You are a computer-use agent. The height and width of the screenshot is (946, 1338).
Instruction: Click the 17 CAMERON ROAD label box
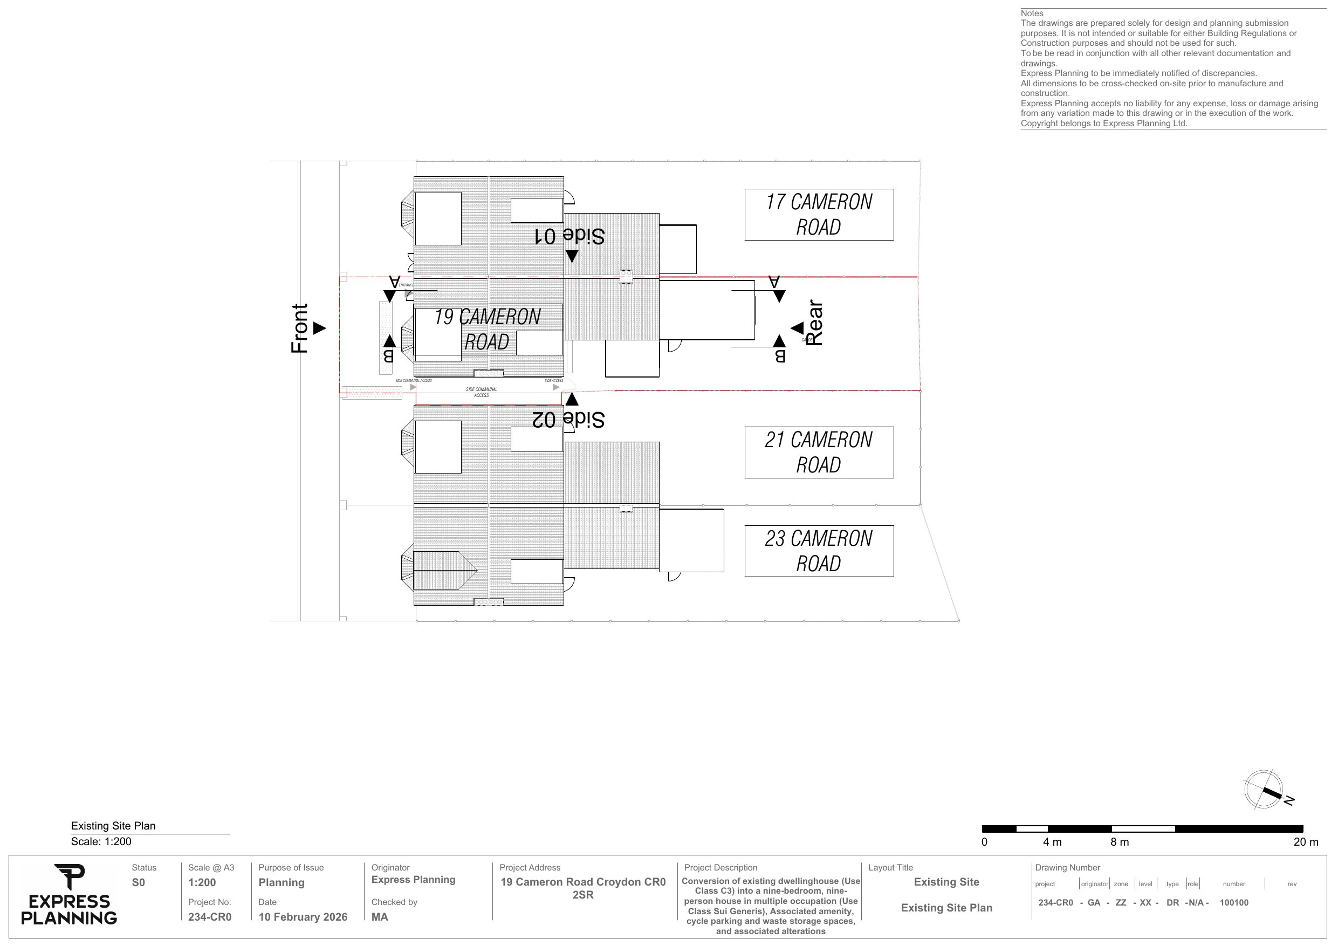[818, 215]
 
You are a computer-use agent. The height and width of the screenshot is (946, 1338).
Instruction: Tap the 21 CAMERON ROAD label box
[818, 453]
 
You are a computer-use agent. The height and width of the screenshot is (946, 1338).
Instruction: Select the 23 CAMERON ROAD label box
[818, 551]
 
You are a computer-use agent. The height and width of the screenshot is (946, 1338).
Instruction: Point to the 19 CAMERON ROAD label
[488, 330]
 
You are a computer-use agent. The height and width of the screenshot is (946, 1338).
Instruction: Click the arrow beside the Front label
[319, 328]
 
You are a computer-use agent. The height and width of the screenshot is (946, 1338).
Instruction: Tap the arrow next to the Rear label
[797, 328]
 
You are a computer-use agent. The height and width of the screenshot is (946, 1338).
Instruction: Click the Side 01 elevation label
[569, 236]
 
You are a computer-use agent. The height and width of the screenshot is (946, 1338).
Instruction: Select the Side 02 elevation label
[568, 419]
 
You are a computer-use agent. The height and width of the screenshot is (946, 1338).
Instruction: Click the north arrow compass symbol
[1264, 789]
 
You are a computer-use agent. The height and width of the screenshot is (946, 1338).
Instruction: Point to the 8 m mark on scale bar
[1120, 842]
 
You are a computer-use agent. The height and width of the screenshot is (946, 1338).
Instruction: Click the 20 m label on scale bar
[1305, 842]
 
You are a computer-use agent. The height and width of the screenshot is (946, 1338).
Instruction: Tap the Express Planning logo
[69, 895]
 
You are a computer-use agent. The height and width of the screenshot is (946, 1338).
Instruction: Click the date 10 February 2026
[303, 917]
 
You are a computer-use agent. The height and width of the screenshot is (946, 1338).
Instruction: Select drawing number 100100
[1234, 902]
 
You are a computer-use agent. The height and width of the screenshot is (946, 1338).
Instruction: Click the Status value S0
[138, 882]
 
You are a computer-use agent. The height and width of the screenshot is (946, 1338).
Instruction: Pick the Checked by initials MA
[379, 917]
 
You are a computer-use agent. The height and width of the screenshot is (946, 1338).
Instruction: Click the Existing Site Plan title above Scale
[113, 825]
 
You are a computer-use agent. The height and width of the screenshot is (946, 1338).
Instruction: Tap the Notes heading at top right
[1032, 13]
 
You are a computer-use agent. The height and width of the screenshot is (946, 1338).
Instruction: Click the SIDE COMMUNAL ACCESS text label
[482, 392]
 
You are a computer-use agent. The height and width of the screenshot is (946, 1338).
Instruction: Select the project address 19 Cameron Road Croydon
[583, 888]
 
